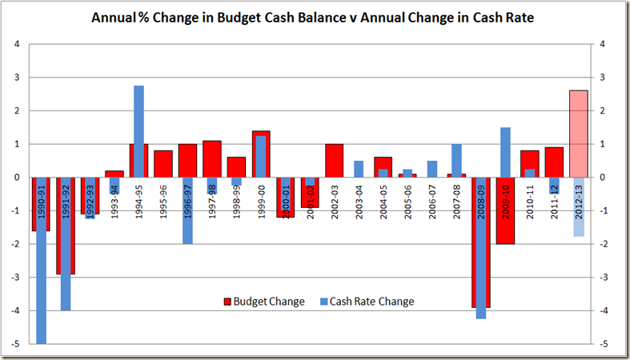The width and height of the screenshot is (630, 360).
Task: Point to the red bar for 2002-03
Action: (x=335, y=161)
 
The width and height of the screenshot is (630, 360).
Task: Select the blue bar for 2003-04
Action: (x=359, y=169)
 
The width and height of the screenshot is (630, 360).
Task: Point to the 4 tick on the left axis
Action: (x=18, y=44)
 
